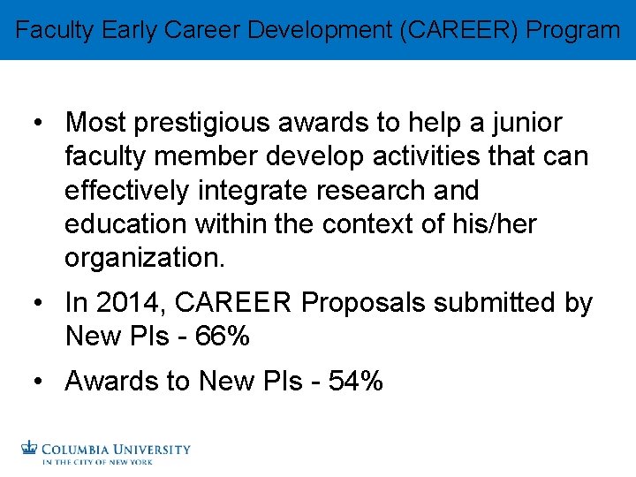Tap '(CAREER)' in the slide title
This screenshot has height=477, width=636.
pos(459,30)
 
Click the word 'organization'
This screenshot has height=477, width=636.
pos(142,258)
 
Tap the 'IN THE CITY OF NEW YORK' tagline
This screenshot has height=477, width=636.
pos(98,462)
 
